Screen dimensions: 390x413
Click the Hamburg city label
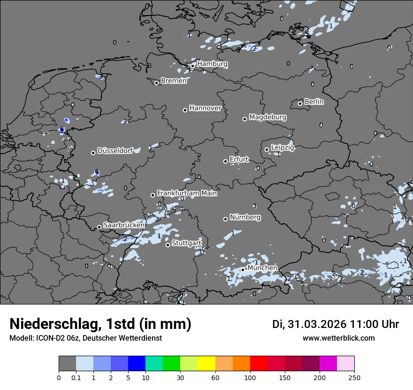[212, 63]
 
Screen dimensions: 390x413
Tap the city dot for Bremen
[156, 83]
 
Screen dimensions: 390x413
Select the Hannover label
[205, 108]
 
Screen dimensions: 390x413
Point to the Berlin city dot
[300, 103]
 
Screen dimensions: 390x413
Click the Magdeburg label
[268, 117]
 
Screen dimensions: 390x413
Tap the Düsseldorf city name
[115, 151]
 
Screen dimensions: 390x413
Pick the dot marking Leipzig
[267, 149]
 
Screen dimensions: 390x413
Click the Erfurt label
[239, 159]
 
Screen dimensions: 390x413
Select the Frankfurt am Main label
[187, 193]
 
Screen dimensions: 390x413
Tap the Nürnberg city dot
[225, 218]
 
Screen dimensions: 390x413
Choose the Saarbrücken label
[124, 225]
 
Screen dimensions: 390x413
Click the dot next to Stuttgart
[168, 245]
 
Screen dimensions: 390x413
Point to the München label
[262, 268]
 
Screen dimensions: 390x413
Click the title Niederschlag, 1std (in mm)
[100, 324]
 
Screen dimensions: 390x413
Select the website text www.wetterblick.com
[338, 338]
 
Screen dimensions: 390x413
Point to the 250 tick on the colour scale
[354, 377]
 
